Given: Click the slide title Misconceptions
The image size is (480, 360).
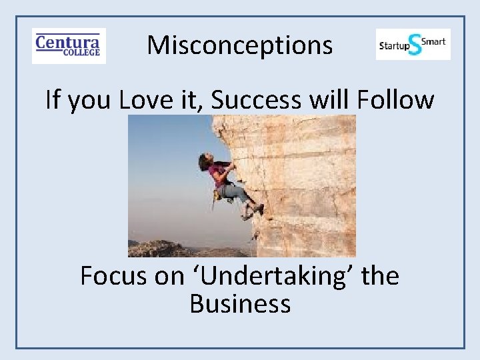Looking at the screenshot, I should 239,45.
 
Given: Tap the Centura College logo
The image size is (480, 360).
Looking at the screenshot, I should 69,46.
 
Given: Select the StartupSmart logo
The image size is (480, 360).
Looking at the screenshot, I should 413,45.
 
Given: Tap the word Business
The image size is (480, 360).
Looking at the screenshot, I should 240,304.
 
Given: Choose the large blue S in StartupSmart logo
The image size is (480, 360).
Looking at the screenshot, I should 415,45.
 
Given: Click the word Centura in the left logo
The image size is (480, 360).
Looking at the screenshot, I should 67,41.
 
